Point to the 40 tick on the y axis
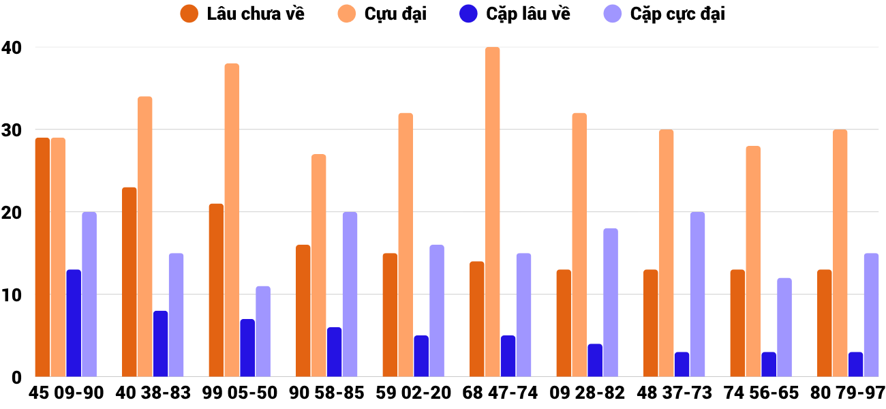pyautogui.click(x=12, y=48)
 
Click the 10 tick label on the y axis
pyautogui.click(x=12, y=295)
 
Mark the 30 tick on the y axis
pyautogui.click(x=12, y=130)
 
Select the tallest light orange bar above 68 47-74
pyautogui.click(x=492, y=212)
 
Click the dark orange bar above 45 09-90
pyautogui.click(x=42, y=257)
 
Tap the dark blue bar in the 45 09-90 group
pyautogui.click(x=74, y=323)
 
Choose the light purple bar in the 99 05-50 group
pyautogui.click(x=263, y=331)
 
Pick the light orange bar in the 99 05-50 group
pyautogui.click(x=232, y=220)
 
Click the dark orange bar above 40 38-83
pyautogui.click(x=129, y=282)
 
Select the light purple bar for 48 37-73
pyautogui.click(x=697, y=294)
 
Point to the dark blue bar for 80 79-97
pyautogui.click(x=855, y=365)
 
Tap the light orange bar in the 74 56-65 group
pyautogui.click(x=753, y=261)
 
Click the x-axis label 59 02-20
pyautogui.click(x=414, y=393)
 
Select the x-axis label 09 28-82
pyautogui.click(x=587, y=393)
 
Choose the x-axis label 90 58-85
pyautogui.click(x=326, y=393)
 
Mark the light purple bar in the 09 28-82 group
pyautogui.click(x=611, y=303)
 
